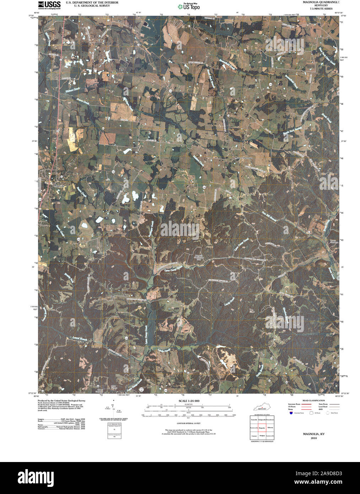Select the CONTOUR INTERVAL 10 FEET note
tap(188, 424)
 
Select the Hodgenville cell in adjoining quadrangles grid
tap(262, 420)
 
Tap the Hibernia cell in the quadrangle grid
tap(270, 428)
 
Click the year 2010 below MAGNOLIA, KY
tap(313, 438)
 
